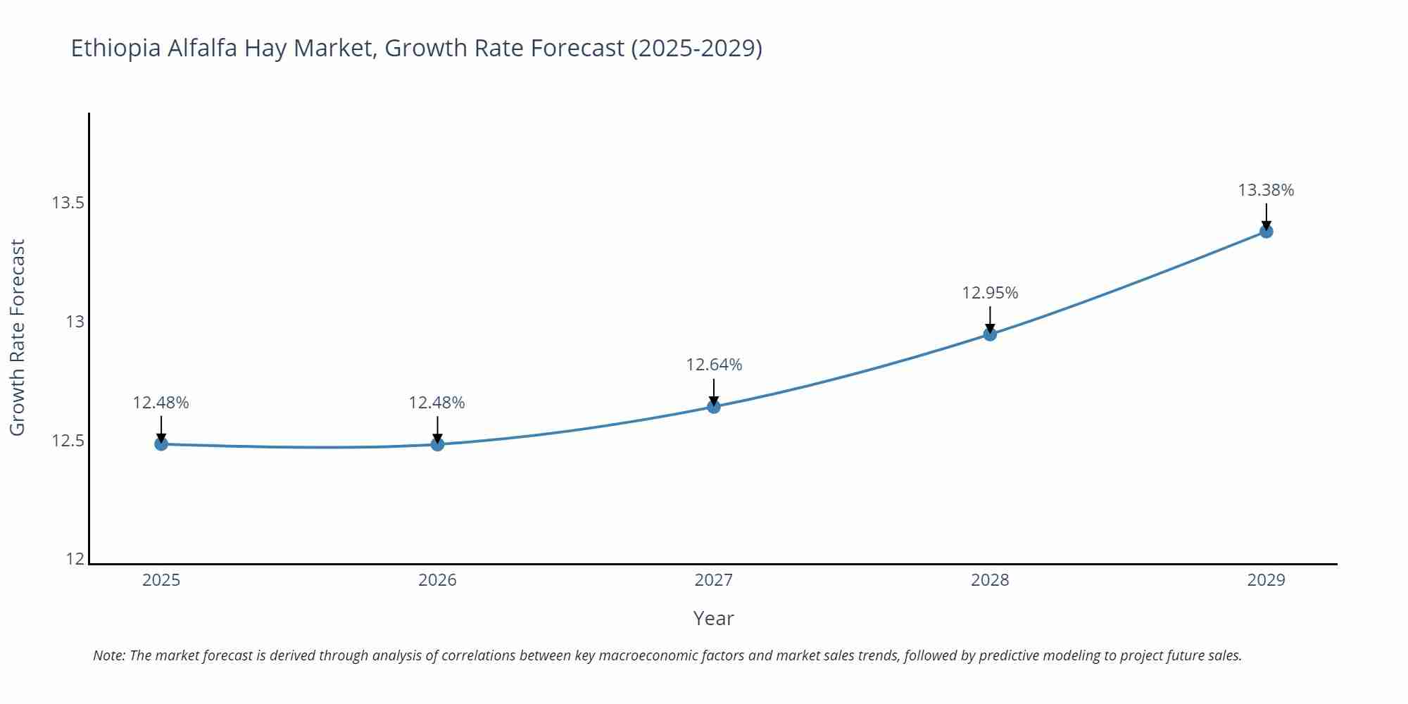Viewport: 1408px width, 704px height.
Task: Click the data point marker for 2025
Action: (161, 444)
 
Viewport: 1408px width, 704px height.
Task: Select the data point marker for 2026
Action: (437, 444)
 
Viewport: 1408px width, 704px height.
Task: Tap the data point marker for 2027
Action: (714, 406)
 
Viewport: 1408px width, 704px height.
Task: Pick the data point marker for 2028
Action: (990, 334)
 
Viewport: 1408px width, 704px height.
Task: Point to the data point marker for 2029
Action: (1266, 231)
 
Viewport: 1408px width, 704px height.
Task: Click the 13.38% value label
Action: (1266, 190)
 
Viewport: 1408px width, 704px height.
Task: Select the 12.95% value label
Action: (990, 293)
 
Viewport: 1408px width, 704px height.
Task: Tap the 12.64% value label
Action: (714, 365)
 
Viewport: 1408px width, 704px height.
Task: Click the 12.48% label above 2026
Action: (437, 403)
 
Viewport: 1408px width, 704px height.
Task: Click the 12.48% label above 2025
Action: (161, 403)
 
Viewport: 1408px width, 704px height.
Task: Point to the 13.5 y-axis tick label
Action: (68, 203)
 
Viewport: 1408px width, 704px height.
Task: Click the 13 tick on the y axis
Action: (75, 322)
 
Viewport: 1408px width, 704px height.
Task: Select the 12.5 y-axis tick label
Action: (68, 441)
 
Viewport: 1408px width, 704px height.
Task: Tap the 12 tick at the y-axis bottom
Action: (75, 559)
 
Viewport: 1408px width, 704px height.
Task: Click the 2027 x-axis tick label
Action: (714, 580)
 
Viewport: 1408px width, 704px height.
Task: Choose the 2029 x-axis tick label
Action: (1266, 580)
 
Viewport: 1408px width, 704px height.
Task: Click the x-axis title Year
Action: (713, 618)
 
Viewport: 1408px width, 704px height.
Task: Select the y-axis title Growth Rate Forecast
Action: (18, 337)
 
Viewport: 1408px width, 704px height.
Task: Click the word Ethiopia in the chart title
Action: (116, 49)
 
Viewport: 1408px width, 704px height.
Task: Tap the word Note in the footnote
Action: (108, 655)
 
